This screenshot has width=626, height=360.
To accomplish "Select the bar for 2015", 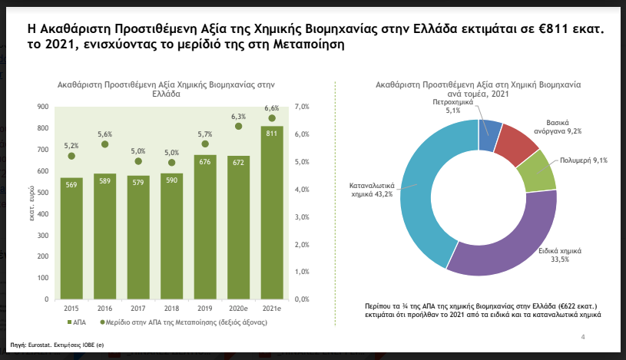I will [x=71, y=238].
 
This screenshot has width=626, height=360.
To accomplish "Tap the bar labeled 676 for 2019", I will [x=205, y=226].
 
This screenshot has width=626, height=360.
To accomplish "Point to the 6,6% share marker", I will [x=272, y=118].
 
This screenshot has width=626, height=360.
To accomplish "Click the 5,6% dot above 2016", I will [x=104, y=144].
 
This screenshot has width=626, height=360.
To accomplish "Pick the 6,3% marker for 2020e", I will [x=238, y=127].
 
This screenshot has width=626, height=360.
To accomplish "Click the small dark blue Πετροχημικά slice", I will [x=489, y=135].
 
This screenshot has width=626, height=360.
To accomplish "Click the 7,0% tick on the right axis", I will [x=302, y=107].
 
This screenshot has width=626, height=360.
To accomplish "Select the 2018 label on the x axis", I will [x=171, y=309].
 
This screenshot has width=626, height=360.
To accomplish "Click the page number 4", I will [x=583, y=337].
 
